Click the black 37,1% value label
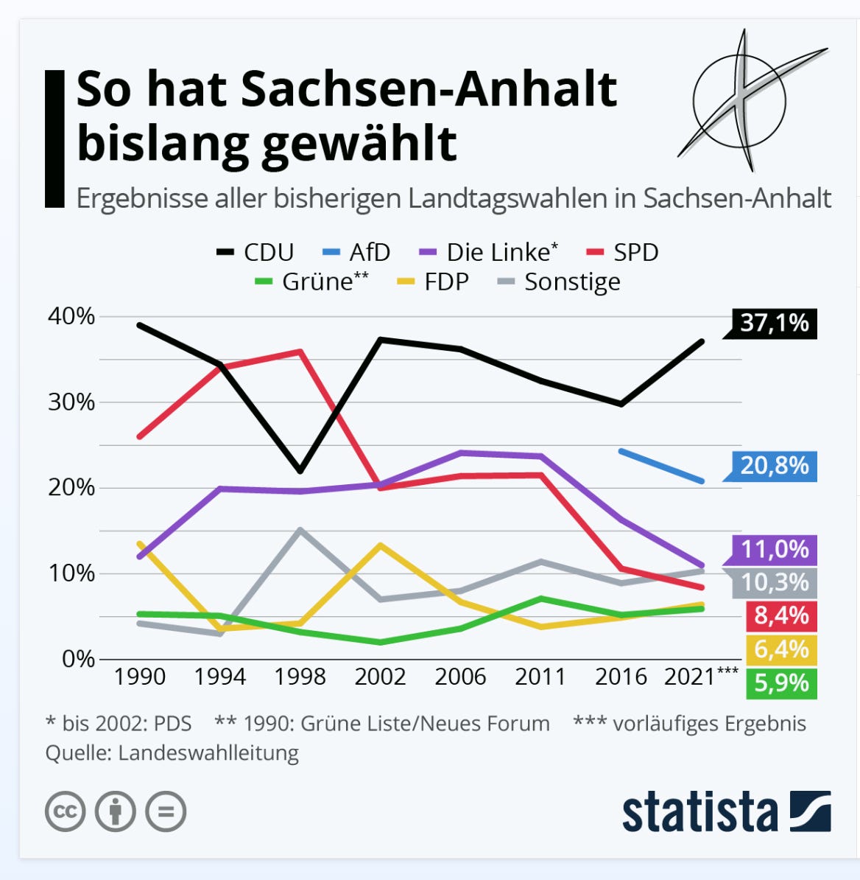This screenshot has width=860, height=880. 775,324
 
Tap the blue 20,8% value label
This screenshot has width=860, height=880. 775,466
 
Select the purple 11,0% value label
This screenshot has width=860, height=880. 775,550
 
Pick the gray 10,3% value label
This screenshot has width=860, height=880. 775,583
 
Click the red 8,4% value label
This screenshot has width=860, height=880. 781,616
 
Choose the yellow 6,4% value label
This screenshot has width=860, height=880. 781,650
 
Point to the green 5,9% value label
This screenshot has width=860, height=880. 781,683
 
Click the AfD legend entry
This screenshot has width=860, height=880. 356,253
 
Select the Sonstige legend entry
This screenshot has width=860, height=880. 559,282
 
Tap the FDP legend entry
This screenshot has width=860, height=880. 433,282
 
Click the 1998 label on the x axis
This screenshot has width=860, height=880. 300,677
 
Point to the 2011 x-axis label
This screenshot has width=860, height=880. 540,677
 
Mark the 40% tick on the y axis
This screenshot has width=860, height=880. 71,316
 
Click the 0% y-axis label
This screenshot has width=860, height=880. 79,659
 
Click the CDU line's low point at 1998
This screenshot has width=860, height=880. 300,471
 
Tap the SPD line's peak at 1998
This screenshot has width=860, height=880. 300,352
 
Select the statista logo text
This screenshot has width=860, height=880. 700,811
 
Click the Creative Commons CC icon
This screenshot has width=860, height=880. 65,811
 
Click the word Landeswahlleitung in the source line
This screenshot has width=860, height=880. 208,753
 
